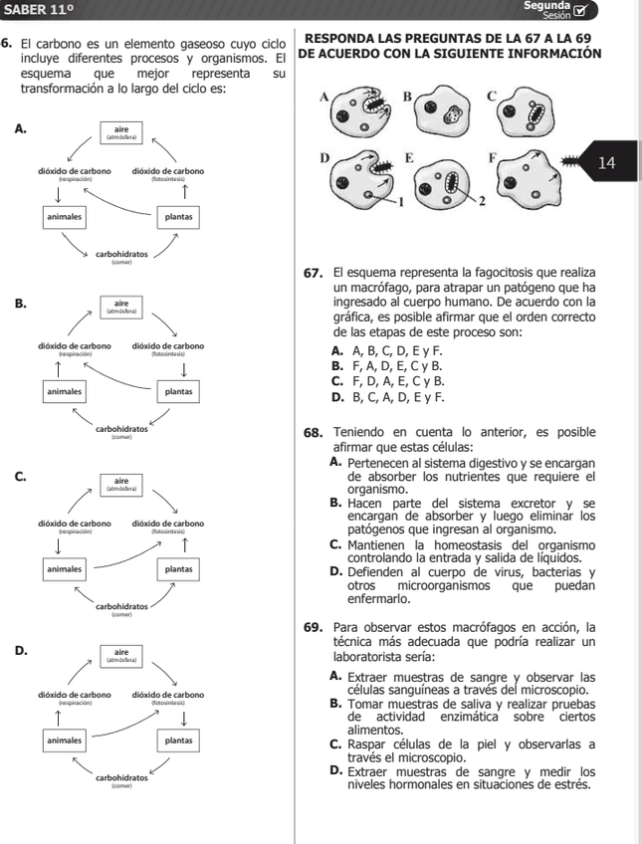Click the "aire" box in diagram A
(x=122, y=131)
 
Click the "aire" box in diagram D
(x=122, y=657)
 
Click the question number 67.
(x=315, y=272)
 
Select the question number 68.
(x=315, y=433)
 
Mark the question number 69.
(x=315, y=628)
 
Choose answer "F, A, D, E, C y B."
(x=394, y=366)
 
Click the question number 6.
(x=7, y=45)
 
